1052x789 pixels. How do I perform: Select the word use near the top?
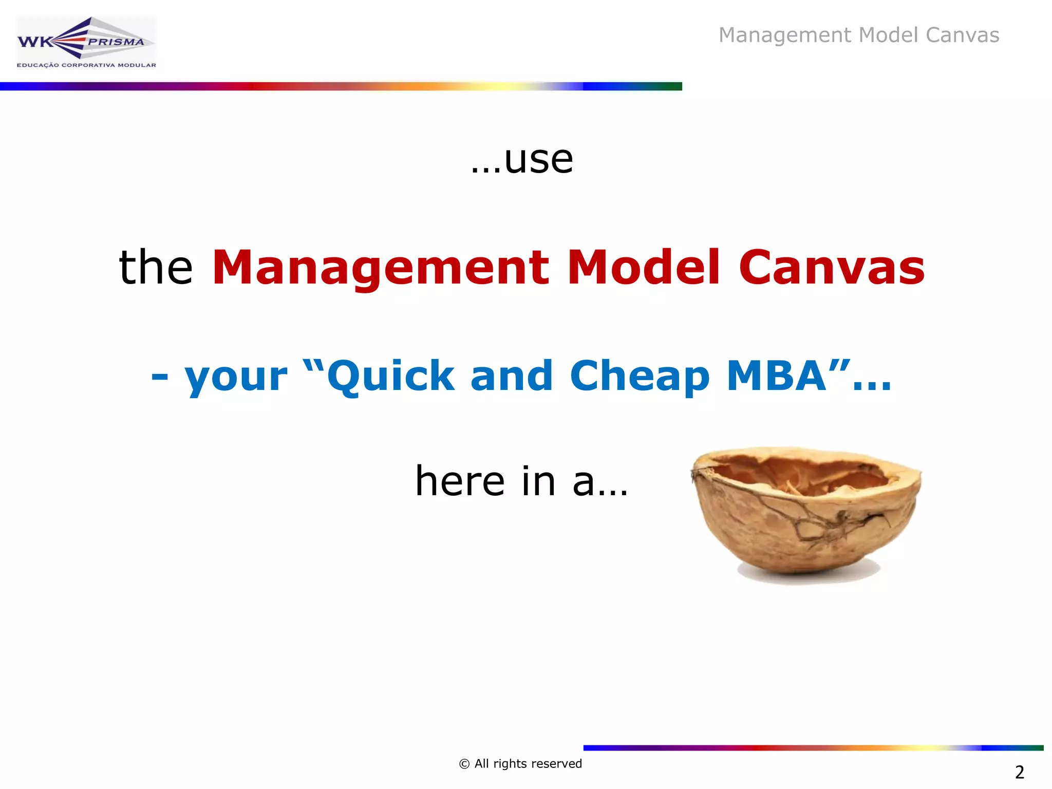point(538,160)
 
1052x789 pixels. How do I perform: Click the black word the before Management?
point(156,267)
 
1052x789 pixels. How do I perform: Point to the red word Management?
point(381,268)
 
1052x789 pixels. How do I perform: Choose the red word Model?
point(644,267)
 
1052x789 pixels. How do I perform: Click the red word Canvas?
point(832,267)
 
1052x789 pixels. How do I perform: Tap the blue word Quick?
point(390,376)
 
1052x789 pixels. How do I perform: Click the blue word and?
point(512,376)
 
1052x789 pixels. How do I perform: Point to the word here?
point(460,481)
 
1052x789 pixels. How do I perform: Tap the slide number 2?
point(1020,772)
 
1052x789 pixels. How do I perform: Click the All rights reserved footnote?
point(528,764)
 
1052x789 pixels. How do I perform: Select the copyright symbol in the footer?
point(464,764)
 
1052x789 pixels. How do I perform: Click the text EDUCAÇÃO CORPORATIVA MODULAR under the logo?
point(86,65)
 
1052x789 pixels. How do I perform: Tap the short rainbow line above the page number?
point(813,748)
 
